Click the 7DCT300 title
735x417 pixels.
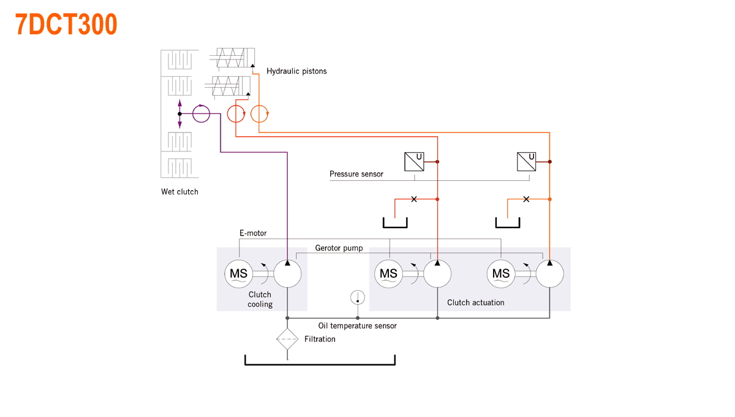click(66, 25)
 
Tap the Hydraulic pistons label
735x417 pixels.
click(296, 71)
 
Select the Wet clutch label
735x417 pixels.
click(179, 191)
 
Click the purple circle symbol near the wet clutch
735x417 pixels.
click(201, 113)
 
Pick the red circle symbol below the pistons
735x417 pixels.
click(236, 114)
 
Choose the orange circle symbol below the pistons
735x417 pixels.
click(259, 114)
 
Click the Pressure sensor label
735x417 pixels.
click(356, 174)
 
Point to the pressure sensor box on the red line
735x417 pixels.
click(414, 162)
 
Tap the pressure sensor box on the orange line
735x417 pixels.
click(526, 162)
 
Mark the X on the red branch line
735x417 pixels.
click(414, 199)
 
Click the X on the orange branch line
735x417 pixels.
click(526, 199)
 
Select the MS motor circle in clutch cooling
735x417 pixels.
click(238, 274)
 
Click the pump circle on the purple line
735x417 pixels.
click(287, 274)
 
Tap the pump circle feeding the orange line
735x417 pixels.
click(549, 274)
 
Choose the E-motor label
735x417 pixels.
click(253, 234)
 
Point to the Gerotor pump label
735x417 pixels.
click(339, 248)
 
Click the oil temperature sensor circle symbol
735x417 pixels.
click(358, 297)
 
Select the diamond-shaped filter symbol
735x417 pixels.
click(287, 339)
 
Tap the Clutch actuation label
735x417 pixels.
click(475, 302)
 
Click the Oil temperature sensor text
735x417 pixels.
click(357, 326)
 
